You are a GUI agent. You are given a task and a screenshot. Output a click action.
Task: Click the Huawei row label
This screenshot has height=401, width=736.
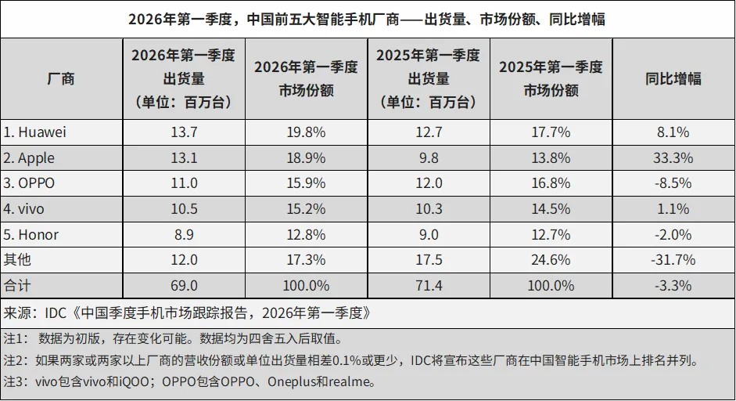35,132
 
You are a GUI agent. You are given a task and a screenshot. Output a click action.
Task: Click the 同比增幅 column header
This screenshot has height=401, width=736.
673,78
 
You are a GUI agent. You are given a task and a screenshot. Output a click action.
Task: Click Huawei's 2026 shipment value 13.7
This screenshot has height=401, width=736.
184,132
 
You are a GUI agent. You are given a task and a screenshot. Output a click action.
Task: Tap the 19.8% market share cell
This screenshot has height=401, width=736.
306,132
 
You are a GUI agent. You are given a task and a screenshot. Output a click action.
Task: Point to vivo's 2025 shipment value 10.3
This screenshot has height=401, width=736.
428,209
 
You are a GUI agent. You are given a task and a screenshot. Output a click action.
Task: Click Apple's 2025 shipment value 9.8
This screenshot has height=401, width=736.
428,158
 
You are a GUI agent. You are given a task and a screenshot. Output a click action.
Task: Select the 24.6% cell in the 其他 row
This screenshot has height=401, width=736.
551,260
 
